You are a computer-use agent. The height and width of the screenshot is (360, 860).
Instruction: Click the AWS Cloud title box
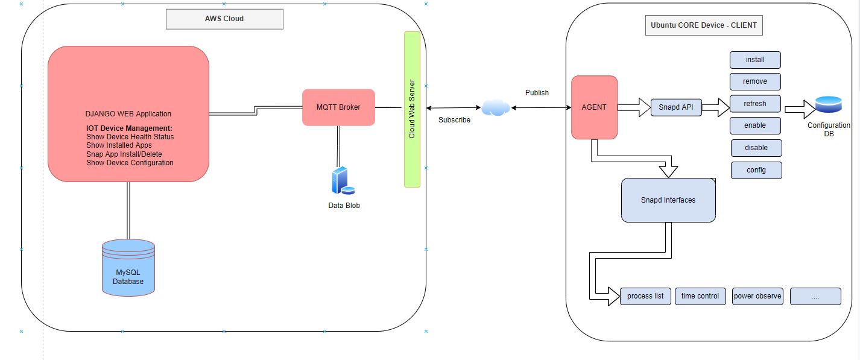pyautogui.click(x=224, y=19)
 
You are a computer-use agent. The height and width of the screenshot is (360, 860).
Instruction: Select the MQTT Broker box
pyautogui.click(x=338, y=107)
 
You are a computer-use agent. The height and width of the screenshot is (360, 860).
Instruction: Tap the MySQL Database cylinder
pyautogui.click(x=128, y=268)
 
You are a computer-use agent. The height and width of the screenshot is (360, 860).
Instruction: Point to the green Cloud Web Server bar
pyautogui.click(x=412, y=109)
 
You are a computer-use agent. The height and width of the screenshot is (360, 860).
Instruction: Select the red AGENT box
pyautogui.click(x=594, y=107)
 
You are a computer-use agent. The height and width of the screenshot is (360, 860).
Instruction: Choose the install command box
pyautogui.click(x=755, y=60)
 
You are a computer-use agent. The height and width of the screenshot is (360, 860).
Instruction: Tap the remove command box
pyautogui.click(x=755, y=81)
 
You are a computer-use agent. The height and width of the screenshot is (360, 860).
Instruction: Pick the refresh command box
pyautogui.click(x=755, y=104)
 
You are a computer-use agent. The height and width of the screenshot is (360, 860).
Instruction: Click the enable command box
pyautogui.click(x=755, y=125)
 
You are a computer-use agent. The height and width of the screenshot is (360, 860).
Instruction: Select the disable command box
pyautogui.click(x=756, y=148)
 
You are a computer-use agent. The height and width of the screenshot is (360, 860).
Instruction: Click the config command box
pyautogui.click(x=756, y=170)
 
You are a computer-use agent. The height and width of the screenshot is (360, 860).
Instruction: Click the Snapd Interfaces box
pyautogui.click(x=668, y=200)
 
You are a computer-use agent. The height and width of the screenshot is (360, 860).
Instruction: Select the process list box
pyautogui.click(x=645, y=296)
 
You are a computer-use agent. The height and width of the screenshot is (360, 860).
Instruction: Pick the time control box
pyautogui.click(x=700, y=296)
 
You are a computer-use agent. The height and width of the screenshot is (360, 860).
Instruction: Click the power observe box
pyautogui.click(x=757, y=296)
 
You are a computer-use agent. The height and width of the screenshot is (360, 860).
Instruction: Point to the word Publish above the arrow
pyautogui.click(x=537, y=93)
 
